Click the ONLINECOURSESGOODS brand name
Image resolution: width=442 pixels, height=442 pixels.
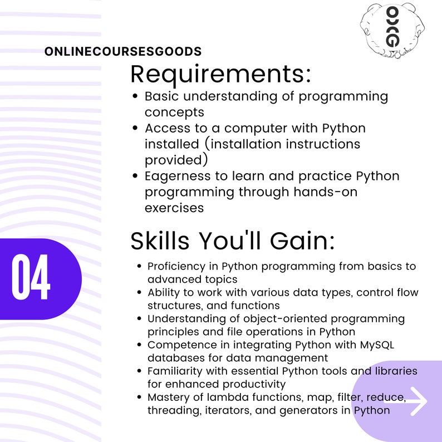click(123, 52)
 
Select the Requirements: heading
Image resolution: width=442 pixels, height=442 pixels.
click(220, 74)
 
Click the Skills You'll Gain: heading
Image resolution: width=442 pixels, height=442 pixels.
click(233, 241)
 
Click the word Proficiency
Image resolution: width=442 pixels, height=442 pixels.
click(175, 267)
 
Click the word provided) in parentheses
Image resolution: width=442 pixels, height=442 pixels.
click(176, 160)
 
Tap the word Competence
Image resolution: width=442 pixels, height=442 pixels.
click(176, 345)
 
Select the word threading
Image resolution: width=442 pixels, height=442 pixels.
click(169, 411)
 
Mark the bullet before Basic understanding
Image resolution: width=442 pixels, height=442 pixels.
click(135, 96)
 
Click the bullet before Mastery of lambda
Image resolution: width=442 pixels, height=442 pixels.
click(139, 398)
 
